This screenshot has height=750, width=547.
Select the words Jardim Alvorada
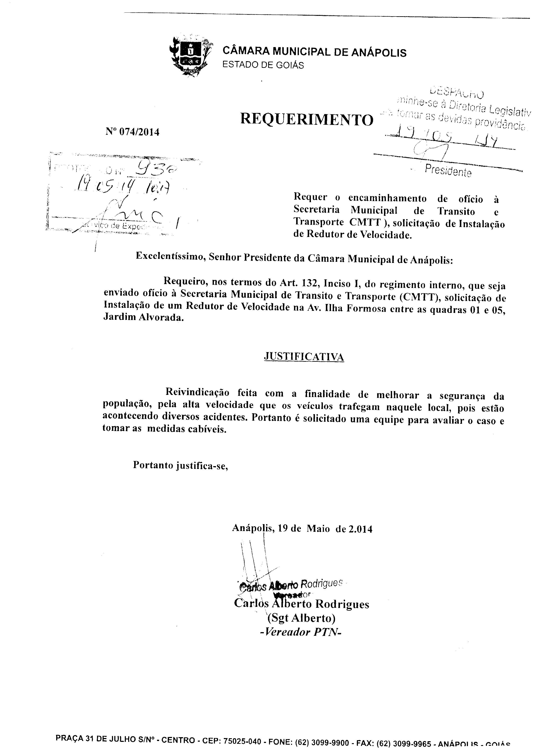pos(143,317)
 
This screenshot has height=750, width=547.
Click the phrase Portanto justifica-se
pos(181,465)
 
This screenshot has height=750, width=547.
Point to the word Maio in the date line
pos(318,529)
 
